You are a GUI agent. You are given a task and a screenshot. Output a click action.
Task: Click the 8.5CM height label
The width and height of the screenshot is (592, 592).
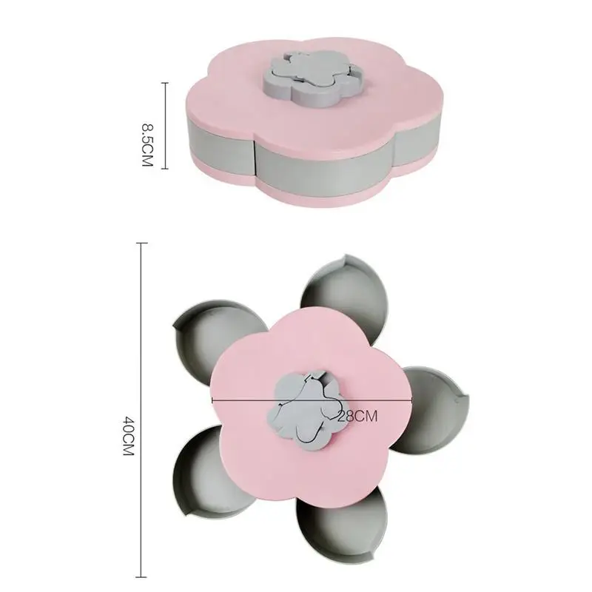(146, 144)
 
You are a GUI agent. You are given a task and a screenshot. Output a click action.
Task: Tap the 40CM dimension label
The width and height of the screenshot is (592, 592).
(128, 436)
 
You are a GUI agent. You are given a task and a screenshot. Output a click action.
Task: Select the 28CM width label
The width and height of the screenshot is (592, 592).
(357, 416)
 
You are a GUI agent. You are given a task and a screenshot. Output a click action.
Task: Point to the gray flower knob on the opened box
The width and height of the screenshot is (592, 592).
(309, 411)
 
